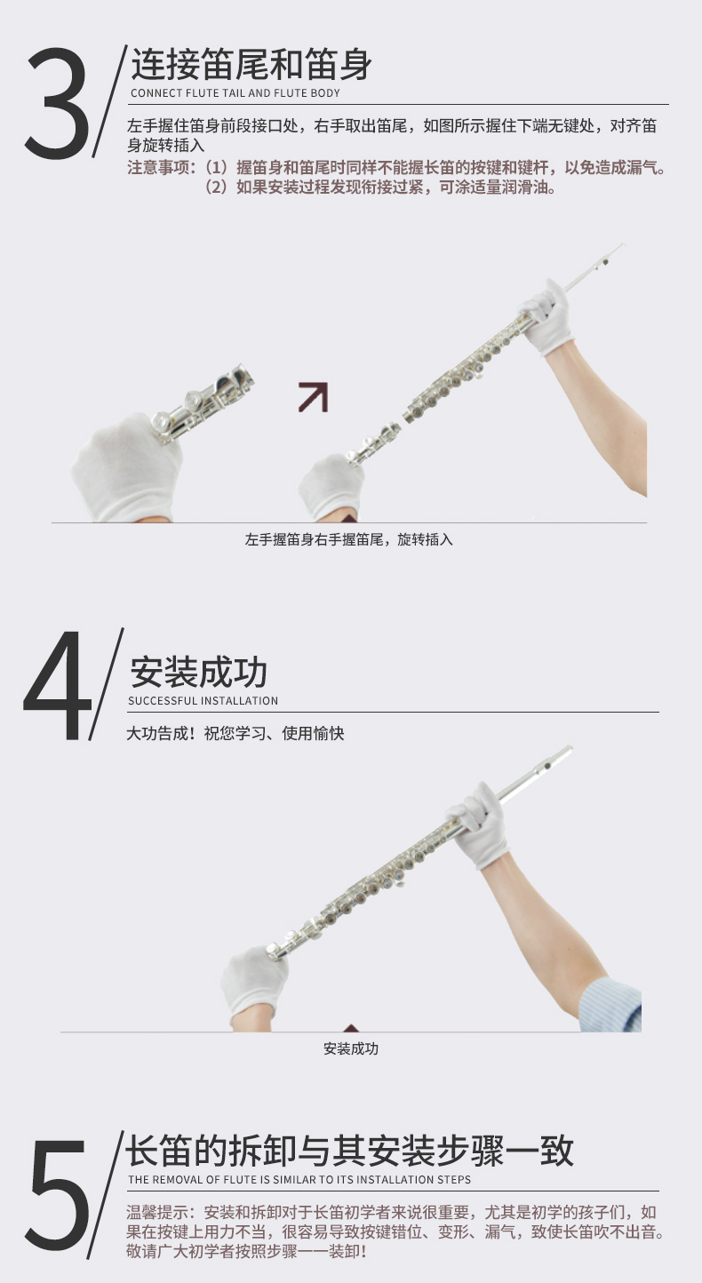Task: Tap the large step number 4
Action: click(57, 686)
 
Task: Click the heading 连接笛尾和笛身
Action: click(251, 64)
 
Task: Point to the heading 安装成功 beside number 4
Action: click(198, 672)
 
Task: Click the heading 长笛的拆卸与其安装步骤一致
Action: click(349, 1150)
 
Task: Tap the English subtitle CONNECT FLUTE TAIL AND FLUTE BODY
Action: click(235, 93)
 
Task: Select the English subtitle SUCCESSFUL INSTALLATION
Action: click(203, 700)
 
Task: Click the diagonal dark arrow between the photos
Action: click(314, 397)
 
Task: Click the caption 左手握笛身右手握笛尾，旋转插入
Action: click(348, 539)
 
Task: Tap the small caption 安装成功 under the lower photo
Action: click(351, 1048)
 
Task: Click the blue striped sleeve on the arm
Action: click(610, 1004)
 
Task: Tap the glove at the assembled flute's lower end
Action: click(254, 980)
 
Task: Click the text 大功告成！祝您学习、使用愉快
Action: click(235, 733)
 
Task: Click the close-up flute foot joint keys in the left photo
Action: click(203, 401)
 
